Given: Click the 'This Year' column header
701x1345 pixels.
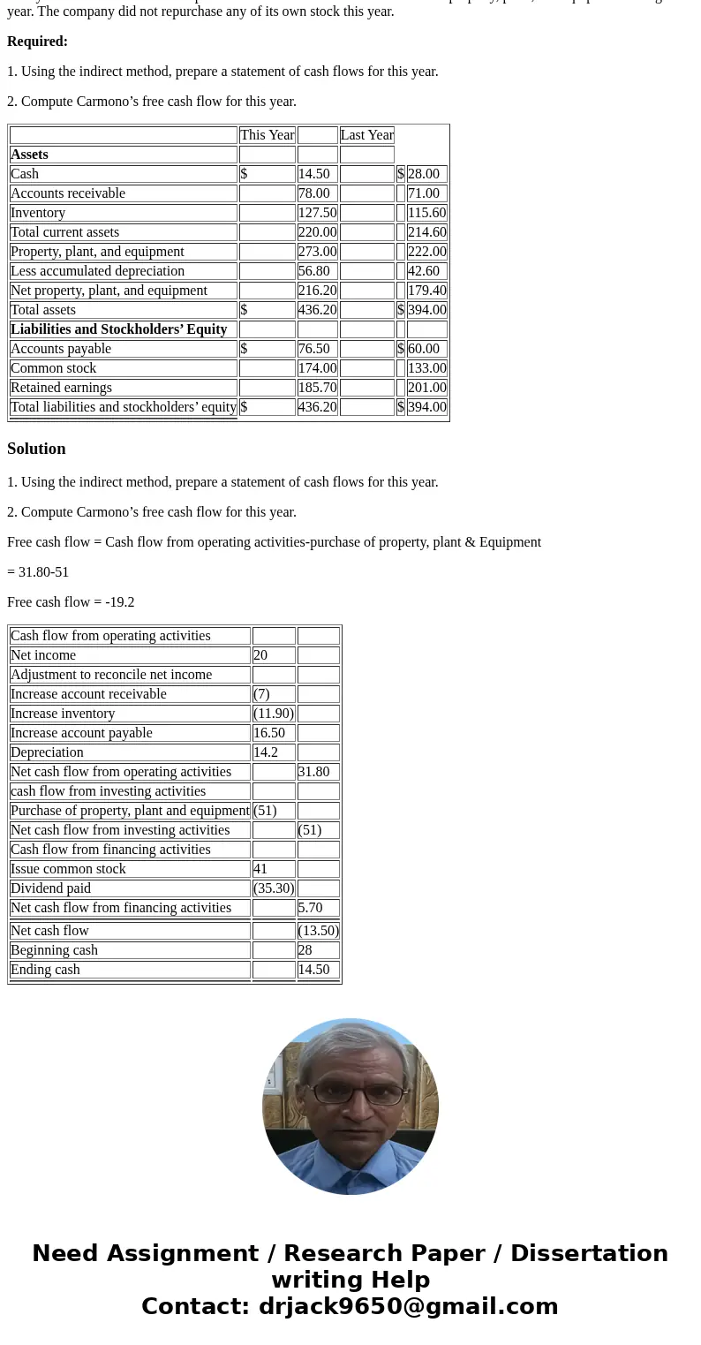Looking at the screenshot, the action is (267, 135).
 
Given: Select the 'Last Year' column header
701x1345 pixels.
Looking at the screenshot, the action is (366, 135).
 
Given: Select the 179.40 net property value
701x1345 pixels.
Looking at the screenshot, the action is (427, 291).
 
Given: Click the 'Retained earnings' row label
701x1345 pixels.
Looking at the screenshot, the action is (61, 388).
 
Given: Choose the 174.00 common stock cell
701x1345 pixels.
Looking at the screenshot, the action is (317, 368).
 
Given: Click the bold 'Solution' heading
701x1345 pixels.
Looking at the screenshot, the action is (36, 449).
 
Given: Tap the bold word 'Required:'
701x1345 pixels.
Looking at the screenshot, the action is (37, 42).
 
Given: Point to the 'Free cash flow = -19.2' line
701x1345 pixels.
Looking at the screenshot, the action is (71, 602).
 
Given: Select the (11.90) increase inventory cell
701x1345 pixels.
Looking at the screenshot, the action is (274, 714).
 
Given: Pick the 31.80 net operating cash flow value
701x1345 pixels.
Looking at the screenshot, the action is (313, 772).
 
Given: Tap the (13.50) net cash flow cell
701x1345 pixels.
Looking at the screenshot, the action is (319, 931).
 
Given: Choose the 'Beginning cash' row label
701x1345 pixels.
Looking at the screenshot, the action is (54, 950).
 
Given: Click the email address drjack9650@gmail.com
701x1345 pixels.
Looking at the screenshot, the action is (408, 1307).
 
